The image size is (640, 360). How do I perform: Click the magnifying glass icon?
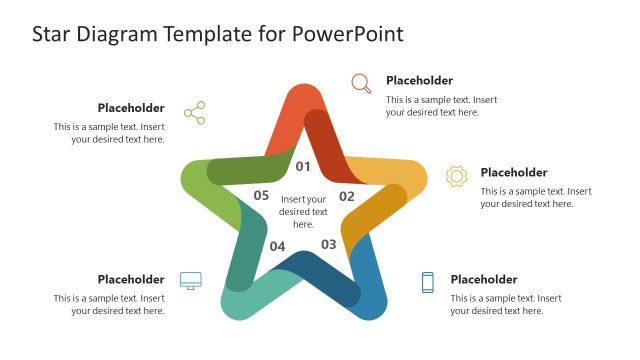click(361, 83)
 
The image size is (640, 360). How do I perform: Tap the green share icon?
click(194, 112)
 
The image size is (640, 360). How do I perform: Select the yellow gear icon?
click(456, 176)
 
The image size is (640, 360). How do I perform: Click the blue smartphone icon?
click(428, 282)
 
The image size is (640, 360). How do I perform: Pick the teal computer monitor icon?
click(190, 280)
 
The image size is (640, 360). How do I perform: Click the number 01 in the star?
click(303, 166)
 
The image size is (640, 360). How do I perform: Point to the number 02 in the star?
click(347, 196)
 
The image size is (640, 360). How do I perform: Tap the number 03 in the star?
click(329, 244)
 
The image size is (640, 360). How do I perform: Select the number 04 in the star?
click(277, 246)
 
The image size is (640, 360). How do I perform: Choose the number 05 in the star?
click(261, 196)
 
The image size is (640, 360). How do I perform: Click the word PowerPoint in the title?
click(348, 34)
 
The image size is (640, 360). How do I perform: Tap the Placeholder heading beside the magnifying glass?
click(419, 81)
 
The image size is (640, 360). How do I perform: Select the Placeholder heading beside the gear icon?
click(513, 173)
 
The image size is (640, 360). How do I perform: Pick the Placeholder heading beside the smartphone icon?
click(483, 280)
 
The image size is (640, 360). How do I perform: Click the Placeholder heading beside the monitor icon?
click(131, 280)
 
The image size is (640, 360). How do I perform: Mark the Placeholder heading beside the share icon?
click(131, 108)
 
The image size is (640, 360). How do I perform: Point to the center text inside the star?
click(303, 211)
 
